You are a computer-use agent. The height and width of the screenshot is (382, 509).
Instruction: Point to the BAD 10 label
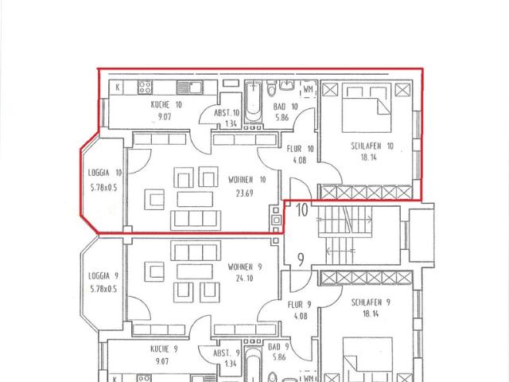pyautogui.click(x=285, y=106)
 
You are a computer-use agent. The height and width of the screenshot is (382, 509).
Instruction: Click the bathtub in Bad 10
pyautogui.click(x=254, y=104)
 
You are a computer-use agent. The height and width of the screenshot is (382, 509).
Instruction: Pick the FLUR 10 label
pyautogui.click(x=300, y=148)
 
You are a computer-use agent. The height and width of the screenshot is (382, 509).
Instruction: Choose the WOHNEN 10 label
pyautogui.click(x=247, y=179)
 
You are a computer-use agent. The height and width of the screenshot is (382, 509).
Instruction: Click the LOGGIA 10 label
pyautogui.click(x=104, y=173)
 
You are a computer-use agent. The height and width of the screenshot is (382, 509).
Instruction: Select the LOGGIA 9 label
pyautogui.click(x=103, y=275)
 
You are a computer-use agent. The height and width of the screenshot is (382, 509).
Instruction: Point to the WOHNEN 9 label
pyautogui.click(x=246, y=267)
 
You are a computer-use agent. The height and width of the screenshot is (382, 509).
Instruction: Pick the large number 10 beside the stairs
pyautogui.click(x=302, y=211)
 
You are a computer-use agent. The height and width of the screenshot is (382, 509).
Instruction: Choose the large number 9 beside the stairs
pyautogui.click(x=301, y=259)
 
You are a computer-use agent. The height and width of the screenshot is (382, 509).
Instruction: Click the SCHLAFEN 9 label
pyautogui.click(x=371, y=302)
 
